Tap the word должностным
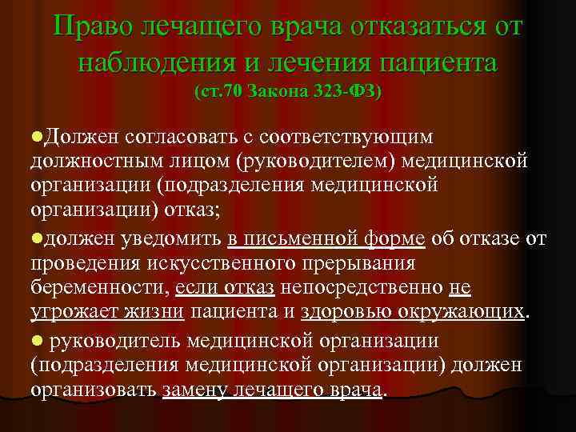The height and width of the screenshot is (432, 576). (x=98, y=162)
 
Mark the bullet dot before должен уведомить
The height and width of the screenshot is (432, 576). (x=36, y=238)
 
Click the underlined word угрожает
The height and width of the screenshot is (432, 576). (x=67, y=311)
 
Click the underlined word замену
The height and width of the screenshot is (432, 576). (x=193, y=390)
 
